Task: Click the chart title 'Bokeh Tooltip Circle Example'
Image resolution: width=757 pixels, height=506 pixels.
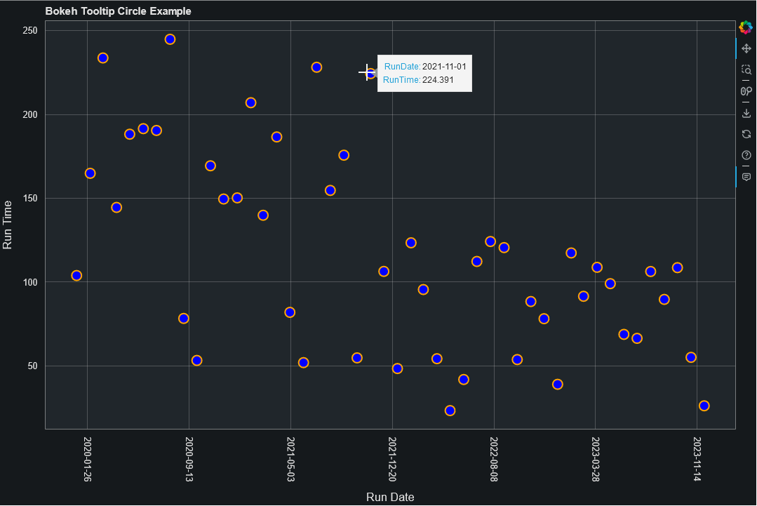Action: tap(118, 11)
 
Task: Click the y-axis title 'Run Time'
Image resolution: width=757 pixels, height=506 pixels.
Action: tap(8, 225)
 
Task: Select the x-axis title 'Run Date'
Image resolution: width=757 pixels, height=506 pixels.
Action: tap(390, 497)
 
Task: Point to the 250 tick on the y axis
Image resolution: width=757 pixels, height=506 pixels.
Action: tap(30, 31)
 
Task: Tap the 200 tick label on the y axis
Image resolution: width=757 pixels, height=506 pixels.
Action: tap(30, 115)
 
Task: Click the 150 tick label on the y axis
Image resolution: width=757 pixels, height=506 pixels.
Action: tap(30, 199)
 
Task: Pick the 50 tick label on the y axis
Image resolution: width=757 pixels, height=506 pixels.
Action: tap(33, 366)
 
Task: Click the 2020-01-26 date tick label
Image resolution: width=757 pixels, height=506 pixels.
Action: tap(87, 459)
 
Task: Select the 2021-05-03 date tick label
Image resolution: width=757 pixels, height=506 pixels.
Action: tap(290, 459)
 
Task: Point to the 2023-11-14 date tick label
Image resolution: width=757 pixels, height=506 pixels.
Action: tap(697, 459)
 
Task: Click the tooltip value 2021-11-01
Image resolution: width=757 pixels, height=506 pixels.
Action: tap(444, 67)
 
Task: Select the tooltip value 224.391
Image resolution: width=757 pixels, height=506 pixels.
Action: tap(438, 80)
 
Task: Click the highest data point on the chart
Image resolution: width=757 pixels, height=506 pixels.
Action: tap(170, 39)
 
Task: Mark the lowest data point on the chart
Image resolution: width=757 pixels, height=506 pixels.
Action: tap(450, 411)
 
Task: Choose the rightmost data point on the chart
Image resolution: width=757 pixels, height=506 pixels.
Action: tap(704, 406)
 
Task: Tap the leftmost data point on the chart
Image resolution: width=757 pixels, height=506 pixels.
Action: tap(76, 276)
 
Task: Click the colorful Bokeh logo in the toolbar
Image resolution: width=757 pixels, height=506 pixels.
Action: tap(746, 27)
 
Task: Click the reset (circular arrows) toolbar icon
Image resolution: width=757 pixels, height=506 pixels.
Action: tap(746, 134)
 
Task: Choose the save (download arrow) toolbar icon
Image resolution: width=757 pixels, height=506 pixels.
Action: tap(746, 113)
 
